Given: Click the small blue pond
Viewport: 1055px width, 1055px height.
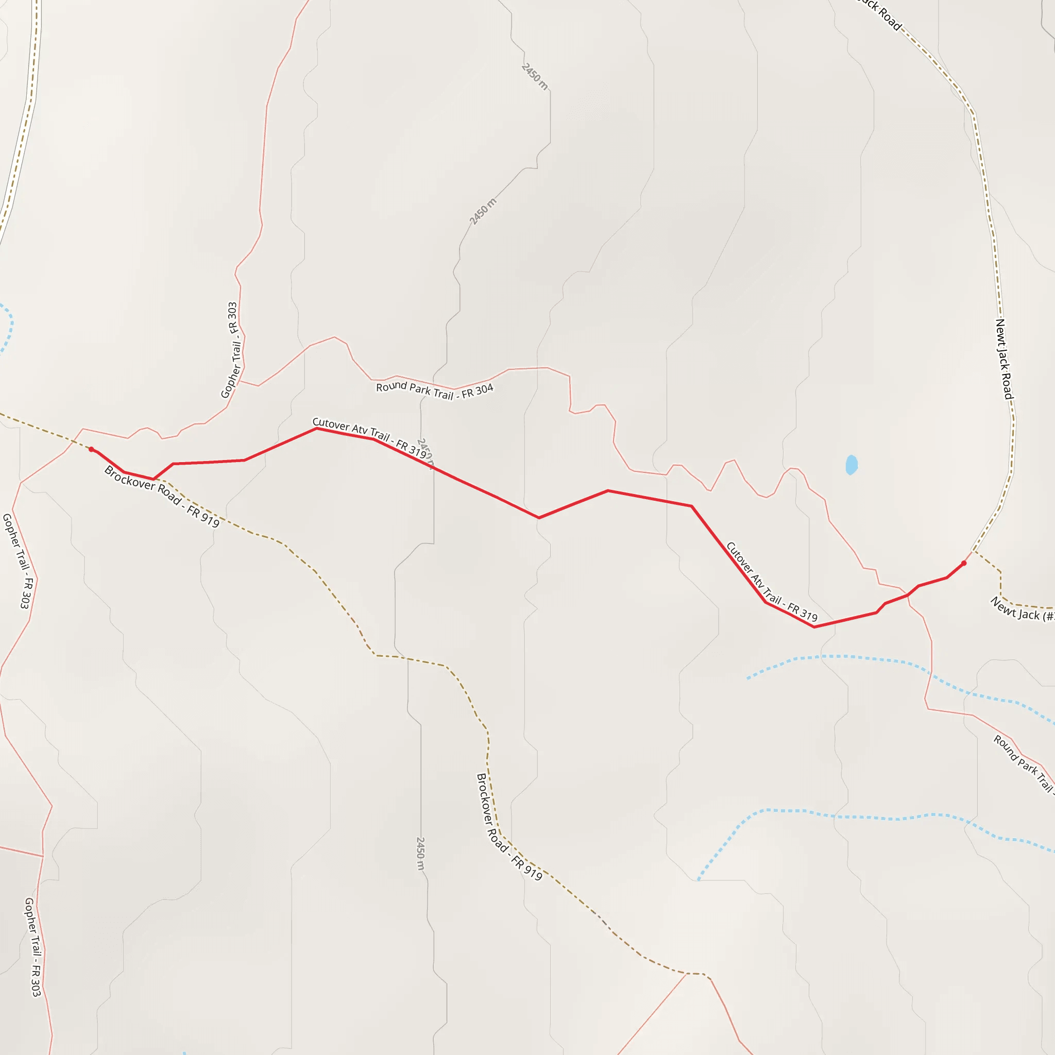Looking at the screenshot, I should pos(851,465).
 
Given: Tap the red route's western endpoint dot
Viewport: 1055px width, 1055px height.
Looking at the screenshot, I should pos(91,449).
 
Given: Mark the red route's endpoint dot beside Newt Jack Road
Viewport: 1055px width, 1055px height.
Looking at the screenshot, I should pos(964,563).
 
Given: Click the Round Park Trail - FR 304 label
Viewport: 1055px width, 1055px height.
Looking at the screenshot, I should pos(435,390).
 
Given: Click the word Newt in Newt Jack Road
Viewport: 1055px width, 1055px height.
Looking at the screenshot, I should pos(1000,331).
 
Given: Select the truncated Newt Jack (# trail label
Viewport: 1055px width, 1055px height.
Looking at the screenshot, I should pos(1022,610).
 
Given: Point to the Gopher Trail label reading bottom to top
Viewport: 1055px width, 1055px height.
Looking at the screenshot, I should pos(233,350).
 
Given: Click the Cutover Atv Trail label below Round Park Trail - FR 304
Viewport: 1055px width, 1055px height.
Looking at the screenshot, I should pos(370,437).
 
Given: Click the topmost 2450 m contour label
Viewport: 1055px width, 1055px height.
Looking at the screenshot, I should pos(535,76).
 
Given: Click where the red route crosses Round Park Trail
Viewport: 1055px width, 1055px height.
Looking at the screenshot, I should pos(908,594).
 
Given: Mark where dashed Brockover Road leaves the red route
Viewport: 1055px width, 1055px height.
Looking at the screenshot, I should pos(155,480).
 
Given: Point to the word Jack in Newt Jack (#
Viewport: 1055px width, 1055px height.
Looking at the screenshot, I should pos(1029,615).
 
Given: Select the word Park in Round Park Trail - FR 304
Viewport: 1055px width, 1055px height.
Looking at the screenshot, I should pos(420,389).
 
